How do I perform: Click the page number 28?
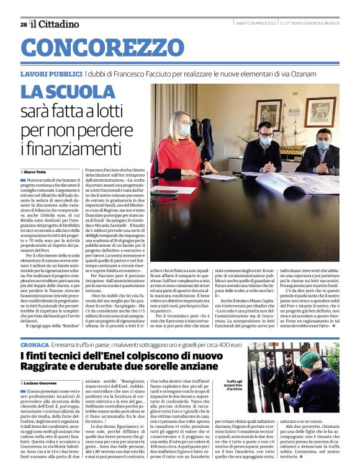point(23,24)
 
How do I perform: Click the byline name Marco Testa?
point(40,171)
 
